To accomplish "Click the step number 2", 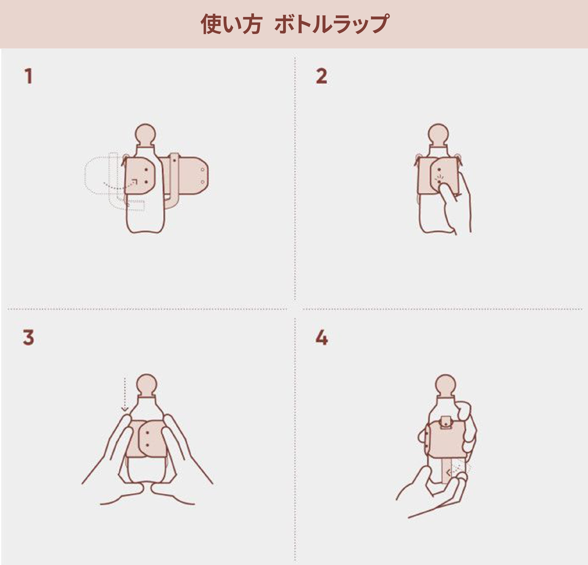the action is tap(321, 76).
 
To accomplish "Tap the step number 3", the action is tap(28, 337).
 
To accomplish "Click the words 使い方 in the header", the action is tap(231, 24).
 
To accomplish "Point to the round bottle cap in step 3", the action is tap(146, 385).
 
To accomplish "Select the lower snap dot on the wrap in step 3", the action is tap(147, 445).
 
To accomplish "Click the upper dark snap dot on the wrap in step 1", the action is tap(146, 170).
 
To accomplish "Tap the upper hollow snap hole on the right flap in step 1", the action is tap(202, 170).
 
